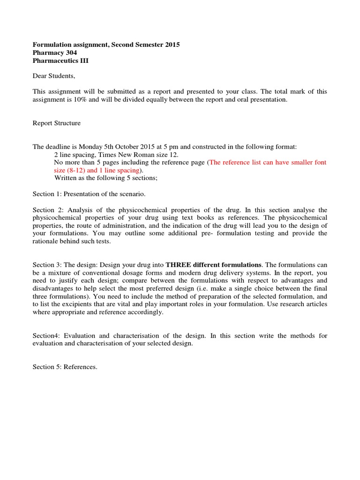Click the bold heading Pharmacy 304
pos(55,53)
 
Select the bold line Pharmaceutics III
pos(60,61)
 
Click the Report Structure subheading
pos(56,123)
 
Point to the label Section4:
pos(46,336)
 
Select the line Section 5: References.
pos(65,367)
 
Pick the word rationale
pos(46,241)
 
